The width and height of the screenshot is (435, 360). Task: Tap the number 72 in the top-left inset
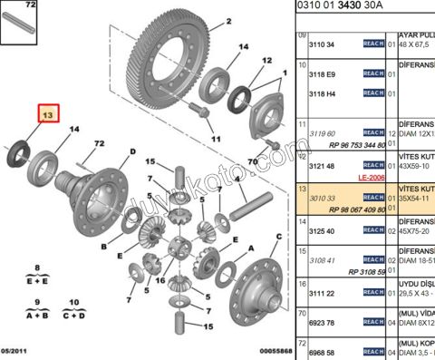tap(31, 5)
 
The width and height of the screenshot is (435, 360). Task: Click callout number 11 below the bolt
tap(215, 139)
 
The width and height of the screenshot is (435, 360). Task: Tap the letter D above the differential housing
tap(132, 151)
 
